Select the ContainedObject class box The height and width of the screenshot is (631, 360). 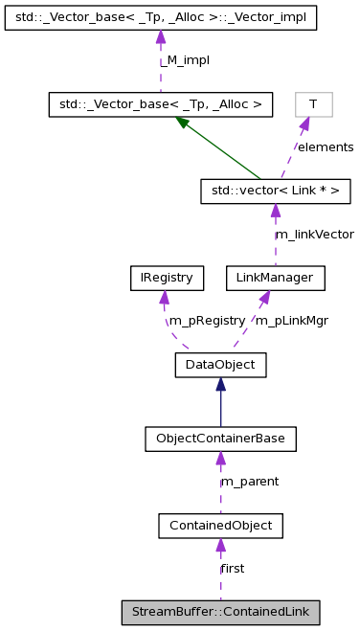220,525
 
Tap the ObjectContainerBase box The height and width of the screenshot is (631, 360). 220,439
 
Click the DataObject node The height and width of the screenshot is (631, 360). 220,364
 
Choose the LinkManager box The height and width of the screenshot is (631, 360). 275,279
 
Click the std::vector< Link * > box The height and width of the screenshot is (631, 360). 275,192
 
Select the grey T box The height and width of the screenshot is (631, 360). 313,104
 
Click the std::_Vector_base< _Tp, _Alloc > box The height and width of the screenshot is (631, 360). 161,104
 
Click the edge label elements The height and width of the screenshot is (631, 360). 325,147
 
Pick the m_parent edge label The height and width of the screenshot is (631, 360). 250,482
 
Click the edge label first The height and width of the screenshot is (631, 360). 232,568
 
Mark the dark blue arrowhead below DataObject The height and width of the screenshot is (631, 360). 220,384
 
